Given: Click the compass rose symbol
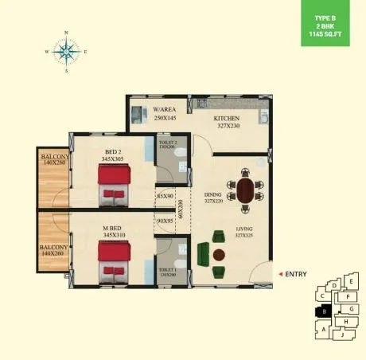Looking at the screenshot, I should pyautogui.click(x=66, y=53).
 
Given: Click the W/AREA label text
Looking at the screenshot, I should pyautogui.click(x=165, y=109).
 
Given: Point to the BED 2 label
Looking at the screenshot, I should pyautogui.click(x=113, y=152).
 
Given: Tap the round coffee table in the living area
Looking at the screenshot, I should pyautogui.click(x=220, y=255).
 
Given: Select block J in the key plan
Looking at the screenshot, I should pyautogui.click(x=341, y=335).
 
